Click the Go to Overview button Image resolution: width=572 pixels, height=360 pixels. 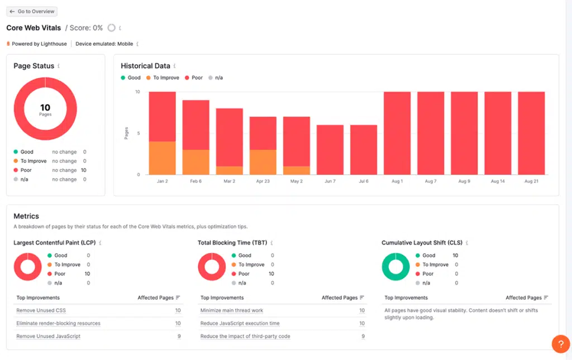click(x=32, y=11)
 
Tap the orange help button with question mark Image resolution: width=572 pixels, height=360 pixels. click(x=560, y=344)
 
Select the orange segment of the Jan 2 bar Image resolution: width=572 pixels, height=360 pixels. click(x=162, y=158)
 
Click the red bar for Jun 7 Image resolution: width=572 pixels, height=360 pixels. click(x=330, y=150)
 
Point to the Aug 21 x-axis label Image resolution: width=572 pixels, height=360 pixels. click(x=531, y=181)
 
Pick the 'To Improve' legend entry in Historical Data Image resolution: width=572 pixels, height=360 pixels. click(x=163, y=78)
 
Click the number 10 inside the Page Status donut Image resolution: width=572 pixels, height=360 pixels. click(x=45, y=108)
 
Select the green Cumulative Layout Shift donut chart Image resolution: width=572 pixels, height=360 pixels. click(x=395, y=267)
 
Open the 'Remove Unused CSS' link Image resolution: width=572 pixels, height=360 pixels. click(x=41, y=310)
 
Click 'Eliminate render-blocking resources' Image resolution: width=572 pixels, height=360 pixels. click(x=58, y=323)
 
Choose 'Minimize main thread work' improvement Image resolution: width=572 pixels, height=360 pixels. click(x=231, y=310)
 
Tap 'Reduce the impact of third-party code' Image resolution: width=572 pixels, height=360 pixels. click(x=245, y=336)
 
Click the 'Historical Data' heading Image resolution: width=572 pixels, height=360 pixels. click(x=145, y=66)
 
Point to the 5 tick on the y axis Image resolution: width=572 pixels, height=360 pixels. click(x=138, y=133)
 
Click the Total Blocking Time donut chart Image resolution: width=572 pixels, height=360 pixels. click(x=212, y=267)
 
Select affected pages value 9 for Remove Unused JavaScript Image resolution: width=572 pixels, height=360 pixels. click(x=178, y=336)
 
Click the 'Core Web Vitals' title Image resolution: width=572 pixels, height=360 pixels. click(x=34, y=28)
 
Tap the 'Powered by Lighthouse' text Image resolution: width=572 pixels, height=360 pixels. click(x=39, y=44)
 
